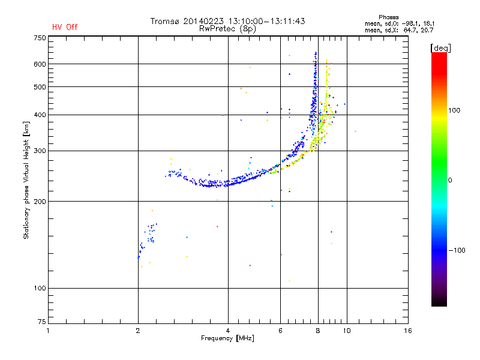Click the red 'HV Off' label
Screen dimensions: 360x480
click(65, 27)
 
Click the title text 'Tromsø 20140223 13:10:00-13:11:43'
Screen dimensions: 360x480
click(228, 21)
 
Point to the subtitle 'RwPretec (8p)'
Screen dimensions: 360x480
click(229, 28)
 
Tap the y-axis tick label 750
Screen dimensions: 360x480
click(40, 37)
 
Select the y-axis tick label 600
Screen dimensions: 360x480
click(40, 64)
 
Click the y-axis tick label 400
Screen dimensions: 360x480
click(40, 115)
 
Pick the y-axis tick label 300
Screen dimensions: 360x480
click(40, 151)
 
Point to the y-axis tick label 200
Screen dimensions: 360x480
click(40, 201)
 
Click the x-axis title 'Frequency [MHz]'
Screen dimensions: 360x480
click(228, 339)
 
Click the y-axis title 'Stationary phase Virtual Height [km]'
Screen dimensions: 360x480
click(26, 180)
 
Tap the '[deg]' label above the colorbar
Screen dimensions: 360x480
click(441, 47)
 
